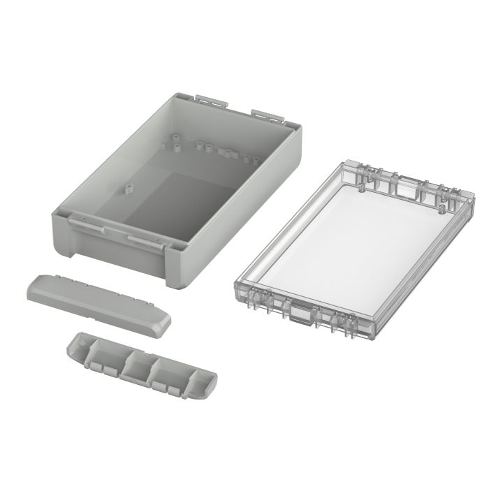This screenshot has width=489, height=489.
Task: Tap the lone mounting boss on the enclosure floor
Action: pyautogui.click(x=128, y=189)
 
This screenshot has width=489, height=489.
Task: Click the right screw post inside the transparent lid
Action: pyautogui.click(x=443, y=206)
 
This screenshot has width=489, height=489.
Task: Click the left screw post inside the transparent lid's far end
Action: pyautogui.click(x=361, y=179)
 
